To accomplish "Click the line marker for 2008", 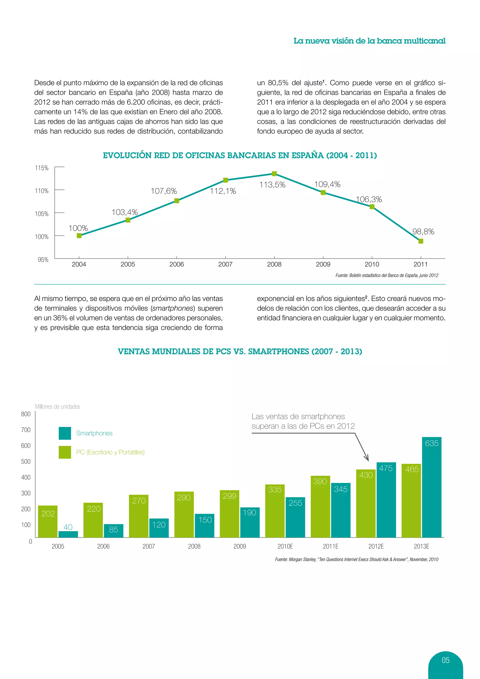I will (274, 174).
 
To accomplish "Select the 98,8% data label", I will (423, 232).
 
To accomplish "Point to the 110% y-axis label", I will (42, 191).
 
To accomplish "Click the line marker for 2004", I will (79, 236).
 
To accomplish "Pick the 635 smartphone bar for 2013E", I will (431, 487).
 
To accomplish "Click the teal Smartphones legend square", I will (65, 433).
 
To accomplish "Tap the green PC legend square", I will (65, 452).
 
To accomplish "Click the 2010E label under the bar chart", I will (285, 546).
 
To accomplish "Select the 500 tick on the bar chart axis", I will (26, 461).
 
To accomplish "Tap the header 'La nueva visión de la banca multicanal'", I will (369, 41).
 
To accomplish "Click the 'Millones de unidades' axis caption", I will (58, 407).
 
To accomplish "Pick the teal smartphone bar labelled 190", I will (250, 523).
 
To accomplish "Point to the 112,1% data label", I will (223, 191).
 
